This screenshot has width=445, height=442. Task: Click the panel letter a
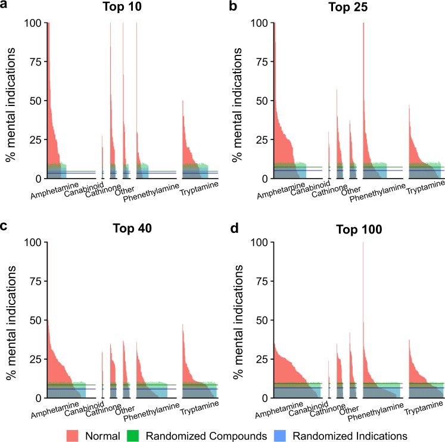click(5, 7)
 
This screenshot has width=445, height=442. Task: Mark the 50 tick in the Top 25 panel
click(260, 101)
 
